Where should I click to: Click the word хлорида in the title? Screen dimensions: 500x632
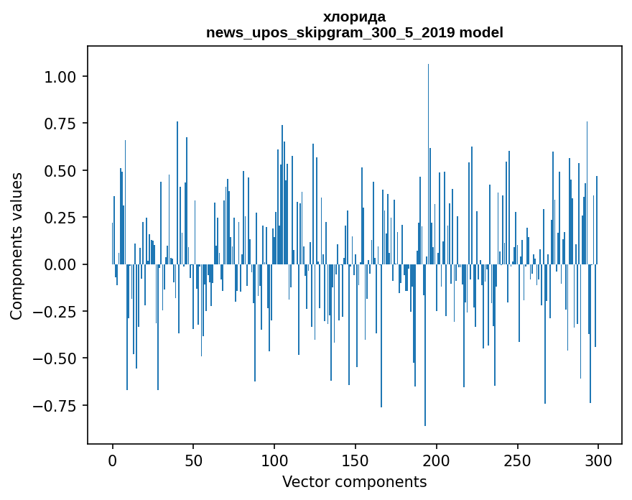(x=354, y=17)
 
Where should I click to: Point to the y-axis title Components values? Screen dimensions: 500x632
(x=17, y=246)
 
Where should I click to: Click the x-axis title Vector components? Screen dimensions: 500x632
(x=354, y=482)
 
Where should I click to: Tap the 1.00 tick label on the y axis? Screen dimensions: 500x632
(x=65, y=77)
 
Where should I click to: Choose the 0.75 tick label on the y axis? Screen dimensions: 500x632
(x=65, y=124)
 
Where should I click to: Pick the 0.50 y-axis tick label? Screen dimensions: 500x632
(x=65, y=171)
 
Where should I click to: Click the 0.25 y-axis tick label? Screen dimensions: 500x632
(x=65, y=218)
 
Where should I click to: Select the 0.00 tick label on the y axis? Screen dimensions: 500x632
(x=65, y=264)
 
